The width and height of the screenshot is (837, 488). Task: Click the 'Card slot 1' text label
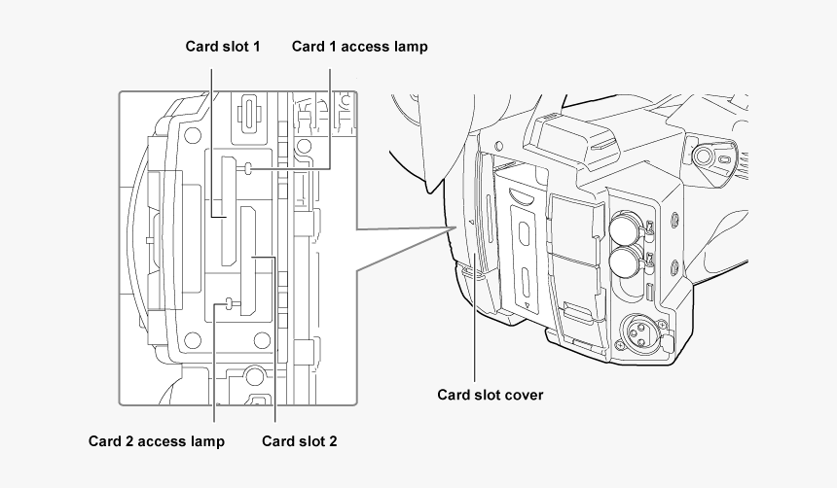point(223,46)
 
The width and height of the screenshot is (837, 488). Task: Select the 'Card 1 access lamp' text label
point(359,46)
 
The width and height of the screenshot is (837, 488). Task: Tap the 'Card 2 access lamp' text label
point(156,441)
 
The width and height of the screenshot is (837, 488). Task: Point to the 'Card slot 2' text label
point(300,441)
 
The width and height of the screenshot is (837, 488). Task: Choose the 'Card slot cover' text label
point(490,395)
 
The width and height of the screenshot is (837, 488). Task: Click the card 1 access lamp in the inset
point(249,168)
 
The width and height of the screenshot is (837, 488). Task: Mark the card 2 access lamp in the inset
point(229,304)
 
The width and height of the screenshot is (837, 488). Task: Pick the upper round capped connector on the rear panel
point(624,228)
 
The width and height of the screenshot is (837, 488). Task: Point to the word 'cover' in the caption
point(524,395)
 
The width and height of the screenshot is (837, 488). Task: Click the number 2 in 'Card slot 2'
point(332,441)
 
